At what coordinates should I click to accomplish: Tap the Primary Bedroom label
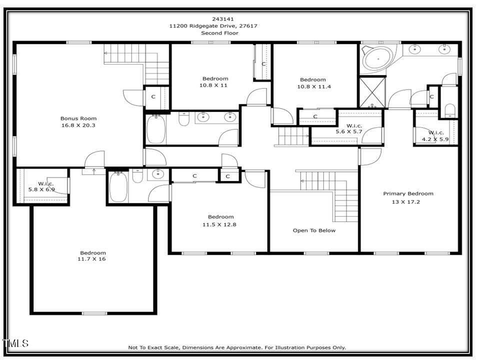(x=408, y=193)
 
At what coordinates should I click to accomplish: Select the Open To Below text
(x=314, y=230)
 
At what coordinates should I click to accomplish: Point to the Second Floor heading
(x=220, y=33)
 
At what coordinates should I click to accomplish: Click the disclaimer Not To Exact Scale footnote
(x=237, y=347)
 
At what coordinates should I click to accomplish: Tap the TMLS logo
(x=15, y=343)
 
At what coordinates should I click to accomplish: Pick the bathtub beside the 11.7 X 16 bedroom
(x=118, y=187)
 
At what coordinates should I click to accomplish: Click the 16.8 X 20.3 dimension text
(x=77, y=125)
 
